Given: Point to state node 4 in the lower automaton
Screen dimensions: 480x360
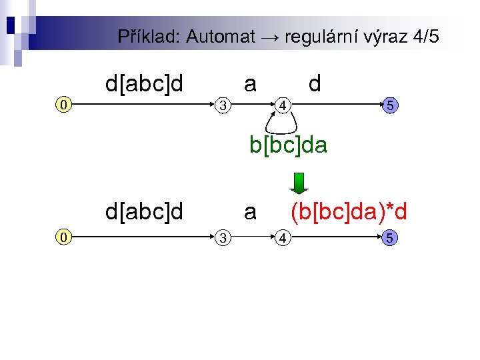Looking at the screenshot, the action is click(283, 236).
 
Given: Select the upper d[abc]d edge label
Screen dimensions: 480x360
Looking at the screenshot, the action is click(144, 84).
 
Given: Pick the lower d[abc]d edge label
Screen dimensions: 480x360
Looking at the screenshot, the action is click(144, 212).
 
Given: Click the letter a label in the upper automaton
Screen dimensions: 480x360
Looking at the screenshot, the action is click(250, 84).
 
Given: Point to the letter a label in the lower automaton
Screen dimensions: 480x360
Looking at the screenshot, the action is click(250, 212).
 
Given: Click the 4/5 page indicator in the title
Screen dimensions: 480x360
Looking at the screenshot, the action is click(425, 37).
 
